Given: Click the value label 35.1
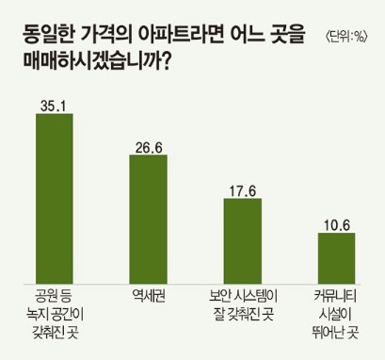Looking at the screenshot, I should tap(54, 104).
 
